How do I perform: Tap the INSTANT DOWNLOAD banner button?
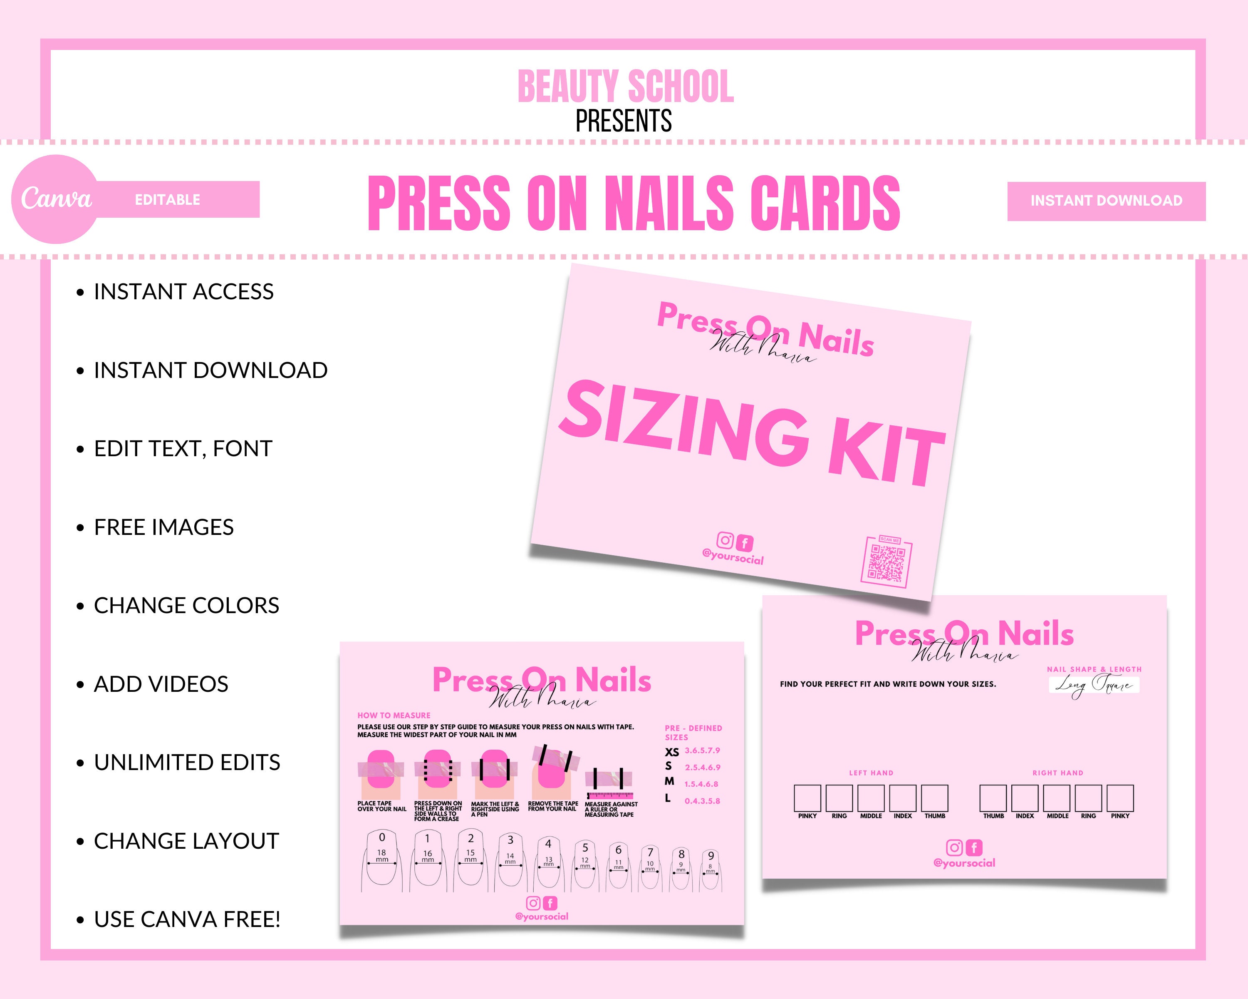pyautogui.click(x=1106, y=201)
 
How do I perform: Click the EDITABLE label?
pyautogui.click(x=167, y=200)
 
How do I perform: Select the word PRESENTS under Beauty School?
pyautogui.click(x=624, y=121)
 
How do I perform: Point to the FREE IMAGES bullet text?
pyautogui.click(x=164, y=527)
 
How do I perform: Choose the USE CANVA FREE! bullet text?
pyautogui.click(x=187, y=919)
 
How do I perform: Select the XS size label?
pyautogui.click(x=671, y=752)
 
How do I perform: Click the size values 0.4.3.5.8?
pyautogui.click(x=702, y=801)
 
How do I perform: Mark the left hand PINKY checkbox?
pyautogui.click(x=807, y=798)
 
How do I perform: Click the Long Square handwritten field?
pyautogui.click(x=1093, y=685)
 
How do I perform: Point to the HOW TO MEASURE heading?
pyautogui.click(x=394, y=715)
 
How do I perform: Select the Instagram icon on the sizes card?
pyautogui.click(x=954, y=848)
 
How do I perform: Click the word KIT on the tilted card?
pyautogui.click(x=886, y=455)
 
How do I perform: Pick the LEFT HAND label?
pyautogui.click(x=871, y=773)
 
